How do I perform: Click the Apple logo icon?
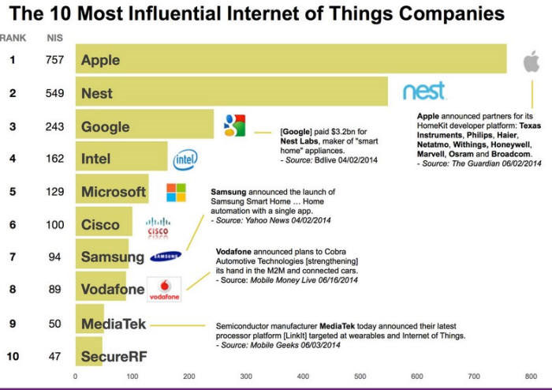531,61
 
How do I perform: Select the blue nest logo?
424,91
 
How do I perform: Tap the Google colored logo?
234,126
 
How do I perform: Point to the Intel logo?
185,159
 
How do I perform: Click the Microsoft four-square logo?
176,193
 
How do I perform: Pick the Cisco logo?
158,227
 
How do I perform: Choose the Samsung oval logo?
166,256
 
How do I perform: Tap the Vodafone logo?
164,289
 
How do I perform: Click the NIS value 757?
54,60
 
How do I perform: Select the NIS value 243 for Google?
54,126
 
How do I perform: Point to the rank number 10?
13,356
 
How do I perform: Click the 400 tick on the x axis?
303,377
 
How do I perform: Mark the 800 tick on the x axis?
531,377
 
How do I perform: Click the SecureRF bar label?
114,357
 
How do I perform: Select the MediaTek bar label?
114,324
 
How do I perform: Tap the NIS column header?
54,38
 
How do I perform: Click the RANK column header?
13,38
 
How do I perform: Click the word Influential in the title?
175,13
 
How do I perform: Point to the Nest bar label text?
97,93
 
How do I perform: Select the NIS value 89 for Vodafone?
54,289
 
